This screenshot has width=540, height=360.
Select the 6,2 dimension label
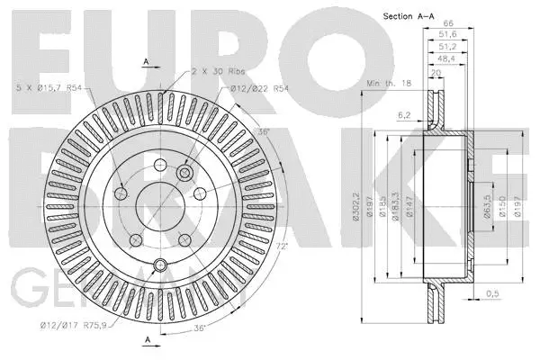coord(404,115)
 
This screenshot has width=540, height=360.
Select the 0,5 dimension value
coord(493,293)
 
